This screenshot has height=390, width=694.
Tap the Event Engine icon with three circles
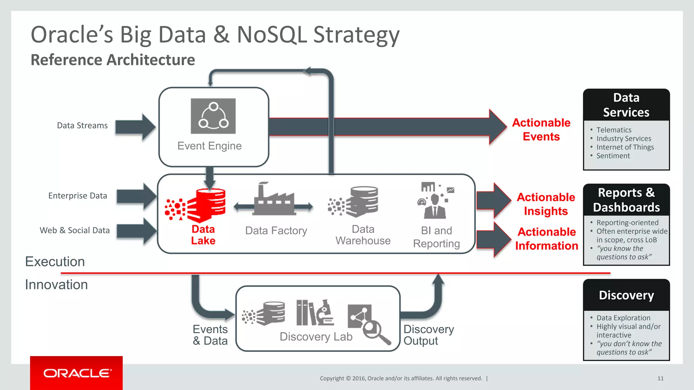tap(213, 116)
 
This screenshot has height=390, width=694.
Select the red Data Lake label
tap(203, 235)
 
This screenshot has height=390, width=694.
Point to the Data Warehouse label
tap(363, 235)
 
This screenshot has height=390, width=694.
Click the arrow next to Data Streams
tap(135, 127)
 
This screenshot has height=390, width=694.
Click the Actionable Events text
tap(541, 129)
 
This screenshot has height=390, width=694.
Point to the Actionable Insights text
tap(546, 204)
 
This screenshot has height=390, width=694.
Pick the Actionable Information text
tap(547, 239)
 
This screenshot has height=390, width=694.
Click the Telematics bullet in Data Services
tap(614, 130)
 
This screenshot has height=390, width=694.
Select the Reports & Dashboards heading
tap(626, 200)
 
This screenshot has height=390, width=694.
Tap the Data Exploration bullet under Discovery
tap(623, 318)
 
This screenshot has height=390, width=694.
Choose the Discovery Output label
tap(428, 335)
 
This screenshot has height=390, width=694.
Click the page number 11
tap(660, 378)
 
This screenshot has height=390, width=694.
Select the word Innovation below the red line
tap(56, 285)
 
